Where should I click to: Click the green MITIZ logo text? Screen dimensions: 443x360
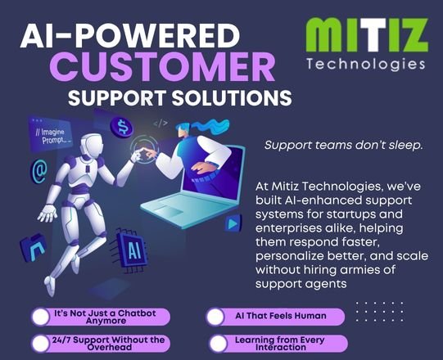(x=367, y=35)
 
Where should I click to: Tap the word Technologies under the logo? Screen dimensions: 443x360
(x=366, y=65)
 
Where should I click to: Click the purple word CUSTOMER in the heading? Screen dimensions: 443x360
(x=163, y=68)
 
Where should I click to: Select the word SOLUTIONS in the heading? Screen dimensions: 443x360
(x=232, y=97)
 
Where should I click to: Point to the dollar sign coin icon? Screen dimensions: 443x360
(x=121, y=127)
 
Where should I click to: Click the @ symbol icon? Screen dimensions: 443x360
(x=39, y=170)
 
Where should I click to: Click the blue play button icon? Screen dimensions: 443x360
(x=233, y=223)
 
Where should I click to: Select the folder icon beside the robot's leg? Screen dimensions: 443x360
(x=34, y=247)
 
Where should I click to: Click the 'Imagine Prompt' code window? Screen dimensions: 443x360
(x=50, y=135)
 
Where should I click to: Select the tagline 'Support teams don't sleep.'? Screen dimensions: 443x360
(x=344, y=145)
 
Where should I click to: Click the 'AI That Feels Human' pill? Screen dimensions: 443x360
(x=275, y=317)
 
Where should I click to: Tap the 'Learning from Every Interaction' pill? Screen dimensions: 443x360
(x=278, y=344)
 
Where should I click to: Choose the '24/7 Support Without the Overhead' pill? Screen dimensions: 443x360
(x=101, y=343)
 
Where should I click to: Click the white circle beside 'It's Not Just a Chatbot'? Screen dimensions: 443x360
(x=41, y=317)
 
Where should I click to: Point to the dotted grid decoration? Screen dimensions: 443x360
(x=379, y=312)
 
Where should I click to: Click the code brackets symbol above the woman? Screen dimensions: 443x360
(x=160, y=124)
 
